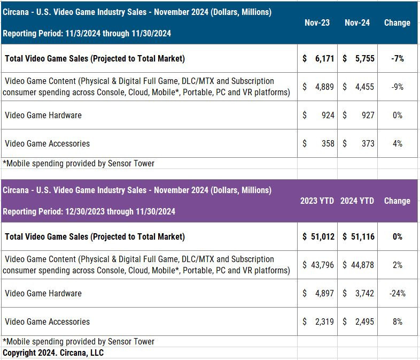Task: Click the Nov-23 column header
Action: tap(317, 23)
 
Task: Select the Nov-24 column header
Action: tap(357, 23)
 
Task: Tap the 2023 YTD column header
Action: tap(317, 201)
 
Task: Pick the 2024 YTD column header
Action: tap(357, 201)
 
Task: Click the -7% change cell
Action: tap(397, 58)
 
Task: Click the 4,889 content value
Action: tap(325, 87)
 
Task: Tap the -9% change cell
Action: tap(397, 87)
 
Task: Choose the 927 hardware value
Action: tap(367, 115)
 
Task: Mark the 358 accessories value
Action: tap(328, 143)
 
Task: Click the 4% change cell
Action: tap(397, 143)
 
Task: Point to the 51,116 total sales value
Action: tap(362, 236)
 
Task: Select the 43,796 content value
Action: tap(323, 265)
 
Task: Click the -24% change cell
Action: tap(397, 293)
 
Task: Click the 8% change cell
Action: tap(397, 321)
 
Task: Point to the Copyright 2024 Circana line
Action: tap(53, 353)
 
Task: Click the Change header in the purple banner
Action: tap(397, 201)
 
